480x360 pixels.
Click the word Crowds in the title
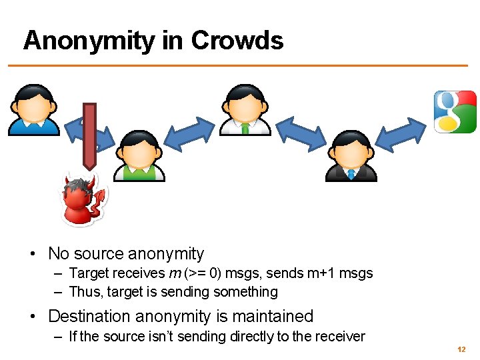tap(237, 41)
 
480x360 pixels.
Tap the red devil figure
tap(82, 199)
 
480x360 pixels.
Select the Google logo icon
tap(455, 111)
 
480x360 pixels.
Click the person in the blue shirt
tap(33, 110)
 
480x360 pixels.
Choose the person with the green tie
tap(245, 110)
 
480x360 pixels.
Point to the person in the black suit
tap(351, 157)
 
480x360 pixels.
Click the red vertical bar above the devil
tap(89, 136)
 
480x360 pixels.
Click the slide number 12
tap(461, 349)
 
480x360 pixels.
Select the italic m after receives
tap(173, 273)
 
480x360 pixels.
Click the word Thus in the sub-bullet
tap(83, 292)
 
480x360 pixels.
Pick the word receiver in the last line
tap(341, 337)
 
